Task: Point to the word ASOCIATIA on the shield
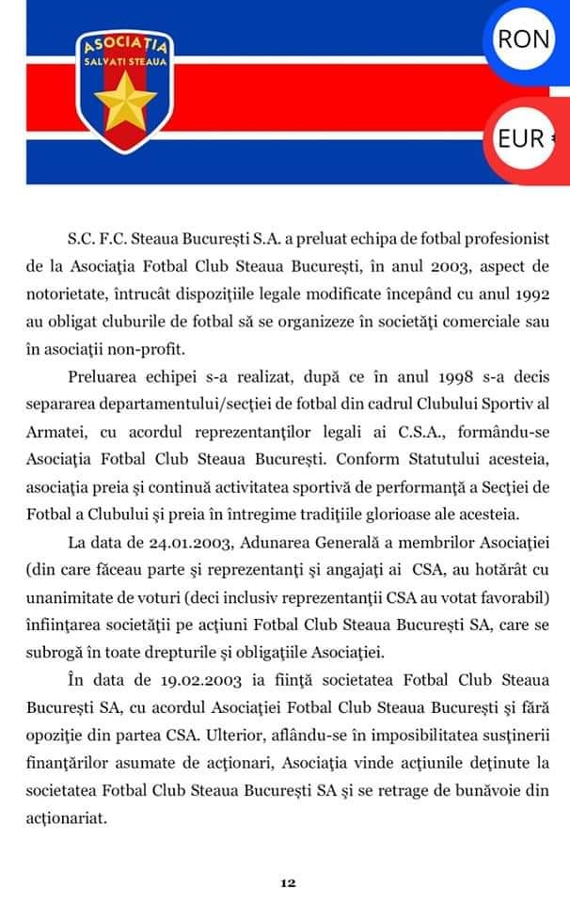(124, 44)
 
